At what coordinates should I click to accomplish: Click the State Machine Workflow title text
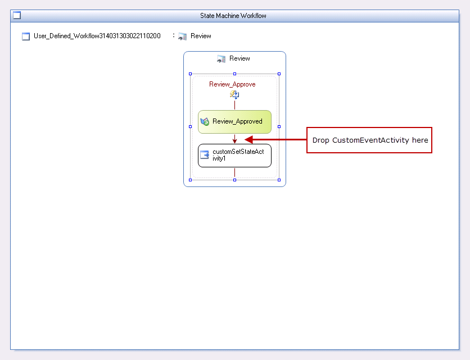tap(233, 16)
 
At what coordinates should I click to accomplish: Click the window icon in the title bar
tap(17, 15)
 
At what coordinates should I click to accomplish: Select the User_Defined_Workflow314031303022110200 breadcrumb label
tap(97, 36)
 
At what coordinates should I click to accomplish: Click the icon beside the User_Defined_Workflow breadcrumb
tap(26, 37)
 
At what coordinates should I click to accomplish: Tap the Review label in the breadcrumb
tap(201, 36)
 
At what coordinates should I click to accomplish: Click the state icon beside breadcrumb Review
tap(183, 37)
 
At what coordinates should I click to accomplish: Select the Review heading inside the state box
tap(239, 58)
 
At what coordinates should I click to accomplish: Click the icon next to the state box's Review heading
tap(221, 59)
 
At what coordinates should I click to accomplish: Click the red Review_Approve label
tap(232, 84)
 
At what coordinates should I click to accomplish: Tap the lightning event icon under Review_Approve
tap(234, 95)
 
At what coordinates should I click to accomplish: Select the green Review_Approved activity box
tap(234, 122)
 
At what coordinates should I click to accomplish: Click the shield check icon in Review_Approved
tap(205, 122)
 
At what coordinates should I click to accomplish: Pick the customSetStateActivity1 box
tap(234, 156)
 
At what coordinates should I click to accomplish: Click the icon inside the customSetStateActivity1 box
tap(205, 155)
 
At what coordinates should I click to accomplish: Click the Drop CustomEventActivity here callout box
tap(369, 140)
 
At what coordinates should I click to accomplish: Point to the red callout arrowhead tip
tap(245, 139)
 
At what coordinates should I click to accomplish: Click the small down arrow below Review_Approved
tap(234, 139)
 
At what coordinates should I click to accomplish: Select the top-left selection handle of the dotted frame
tap(191, 74)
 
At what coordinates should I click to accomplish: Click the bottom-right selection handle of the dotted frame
tap(279, 180)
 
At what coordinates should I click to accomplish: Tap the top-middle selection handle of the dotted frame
tap(234, 74)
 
